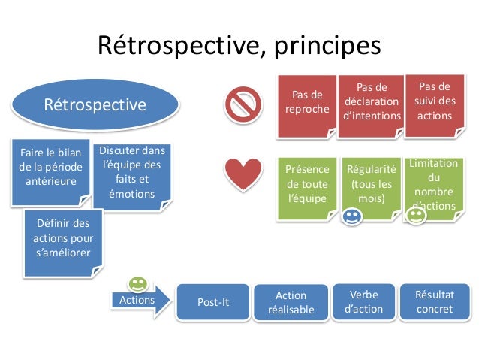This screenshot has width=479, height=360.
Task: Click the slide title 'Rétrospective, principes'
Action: [x=239, y=47]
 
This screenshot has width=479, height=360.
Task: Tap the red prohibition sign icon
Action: [x=243, y=104]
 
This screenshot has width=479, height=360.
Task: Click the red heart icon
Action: [x=243, y=174]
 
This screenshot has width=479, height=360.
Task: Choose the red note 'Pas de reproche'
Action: [x=306, y=103]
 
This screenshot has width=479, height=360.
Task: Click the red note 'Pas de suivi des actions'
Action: [x=434, y=101]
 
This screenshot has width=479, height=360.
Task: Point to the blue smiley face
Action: [x=351, y=218]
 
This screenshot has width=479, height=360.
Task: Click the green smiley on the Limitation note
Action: [x=415, y=215]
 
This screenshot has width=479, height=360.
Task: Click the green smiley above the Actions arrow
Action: [x=137, y=283]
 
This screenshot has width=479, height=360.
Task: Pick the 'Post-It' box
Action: [x=212, y=302]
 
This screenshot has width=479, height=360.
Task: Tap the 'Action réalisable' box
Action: [x=291, y=302]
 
